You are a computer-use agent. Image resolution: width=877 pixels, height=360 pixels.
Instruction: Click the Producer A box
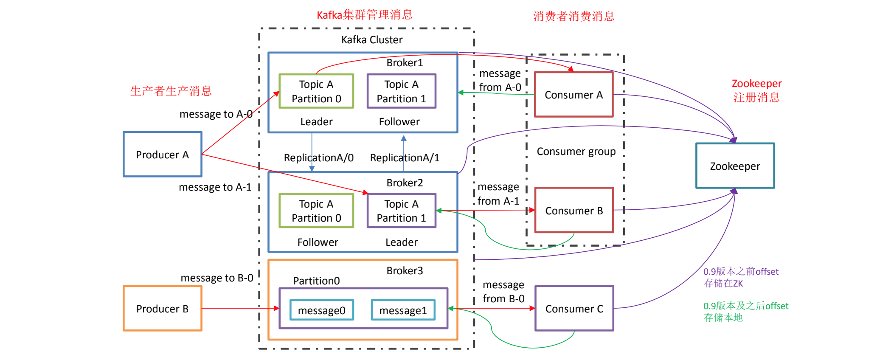[162, 155]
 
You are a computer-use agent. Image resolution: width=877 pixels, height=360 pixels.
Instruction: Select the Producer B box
[162, 309]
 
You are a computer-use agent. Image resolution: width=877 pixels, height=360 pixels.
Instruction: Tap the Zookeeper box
[735, 166]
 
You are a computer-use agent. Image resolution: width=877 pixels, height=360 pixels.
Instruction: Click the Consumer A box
[573, 95]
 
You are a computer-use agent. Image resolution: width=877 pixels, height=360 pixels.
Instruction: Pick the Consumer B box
[574, 211]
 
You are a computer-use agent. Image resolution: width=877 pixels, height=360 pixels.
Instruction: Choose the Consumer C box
[574, 309]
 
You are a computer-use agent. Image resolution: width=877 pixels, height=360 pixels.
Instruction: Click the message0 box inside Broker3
[321, 310]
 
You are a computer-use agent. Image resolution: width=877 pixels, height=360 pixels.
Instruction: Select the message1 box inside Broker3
[403, 310]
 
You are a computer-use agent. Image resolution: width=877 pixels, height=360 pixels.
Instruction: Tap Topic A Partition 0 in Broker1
[316, 91]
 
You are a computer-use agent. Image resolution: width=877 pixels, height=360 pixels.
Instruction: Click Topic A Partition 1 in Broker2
[401, 211]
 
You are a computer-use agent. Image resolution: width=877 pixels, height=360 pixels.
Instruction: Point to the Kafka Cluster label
[372, 40]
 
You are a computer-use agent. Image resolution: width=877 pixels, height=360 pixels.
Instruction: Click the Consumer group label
[576, 152]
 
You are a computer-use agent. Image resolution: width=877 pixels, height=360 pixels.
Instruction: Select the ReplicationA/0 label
[318, 158]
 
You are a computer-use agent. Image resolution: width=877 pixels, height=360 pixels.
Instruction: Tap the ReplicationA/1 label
[405, 158]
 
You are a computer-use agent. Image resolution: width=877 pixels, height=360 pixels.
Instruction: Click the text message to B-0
[217, 278]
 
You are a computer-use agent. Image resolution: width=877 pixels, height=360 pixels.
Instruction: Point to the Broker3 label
[405, 271]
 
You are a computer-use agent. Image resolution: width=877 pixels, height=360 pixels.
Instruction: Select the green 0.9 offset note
[745, 312]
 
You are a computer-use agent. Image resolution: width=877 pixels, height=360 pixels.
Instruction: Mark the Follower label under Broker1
[399, 122]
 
